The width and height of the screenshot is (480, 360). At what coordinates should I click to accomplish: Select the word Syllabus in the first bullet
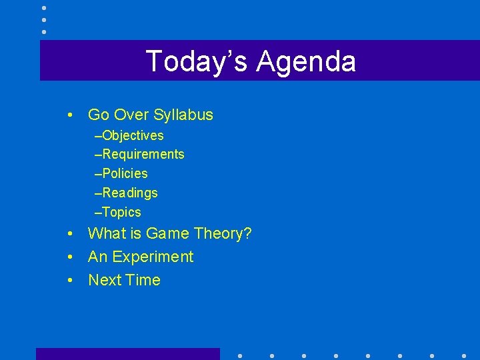tap(183, 115)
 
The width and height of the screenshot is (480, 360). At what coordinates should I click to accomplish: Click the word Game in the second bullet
tap(168, 233)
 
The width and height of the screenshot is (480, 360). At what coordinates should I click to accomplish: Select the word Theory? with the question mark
tap(223, 233)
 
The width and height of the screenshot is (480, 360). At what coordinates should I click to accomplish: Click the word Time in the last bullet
tap(143, 280)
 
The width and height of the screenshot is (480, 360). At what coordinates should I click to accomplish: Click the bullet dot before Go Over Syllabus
tap(70, 115)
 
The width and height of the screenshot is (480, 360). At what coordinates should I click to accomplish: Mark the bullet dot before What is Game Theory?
tap(70, 234)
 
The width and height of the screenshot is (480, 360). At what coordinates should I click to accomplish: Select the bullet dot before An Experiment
tap(70, 257)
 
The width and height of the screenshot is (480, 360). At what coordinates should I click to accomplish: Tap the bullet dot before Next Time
tap(70, 281)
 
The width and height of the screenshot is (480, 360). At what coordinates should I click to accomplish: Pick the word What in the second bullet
tap(106, 233)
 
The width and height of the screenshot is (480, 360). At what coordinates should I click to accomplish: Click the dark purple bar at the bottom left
tap(127, 353)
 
